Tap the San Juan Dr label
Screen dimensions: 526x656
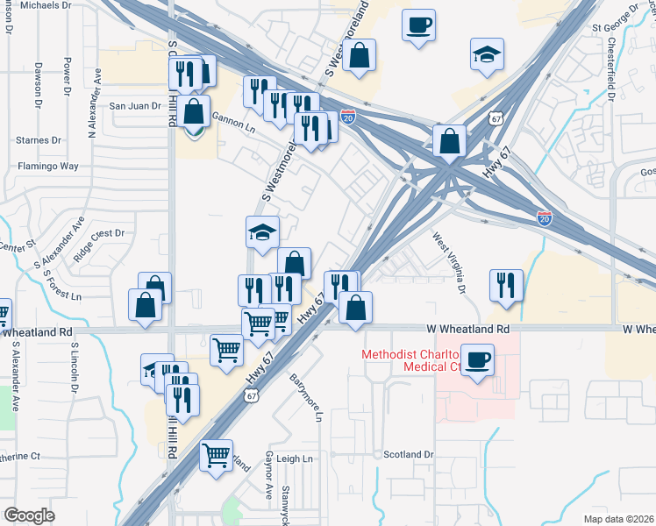(x=135, y=106)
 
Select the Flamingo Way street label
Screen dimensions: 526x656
(x=48, y=166)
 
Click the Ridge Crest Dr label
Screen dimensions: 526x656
(x=101, y=234)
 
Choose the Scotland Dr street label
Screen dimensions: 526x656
(x=409, y=455)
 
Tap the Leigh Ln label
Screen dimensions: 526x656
(x=295, y=458)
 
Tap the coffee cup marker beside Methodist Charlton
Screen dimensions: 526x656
(x=477, y=359)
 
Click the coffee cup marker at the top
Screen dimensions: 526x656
(x=419, y=24)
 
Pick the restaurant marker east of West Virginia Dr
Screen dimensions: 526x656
(x=507, y=284)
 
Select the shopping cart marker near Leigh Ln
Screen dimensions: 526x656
(x=217, y=455)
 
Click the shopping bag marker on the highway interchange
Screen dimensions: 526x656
(x=449, y=140)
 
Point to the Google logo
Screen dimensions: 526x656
(x=29, y=515)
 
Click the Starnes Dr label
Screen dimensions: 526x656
(x=39, y=139)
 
